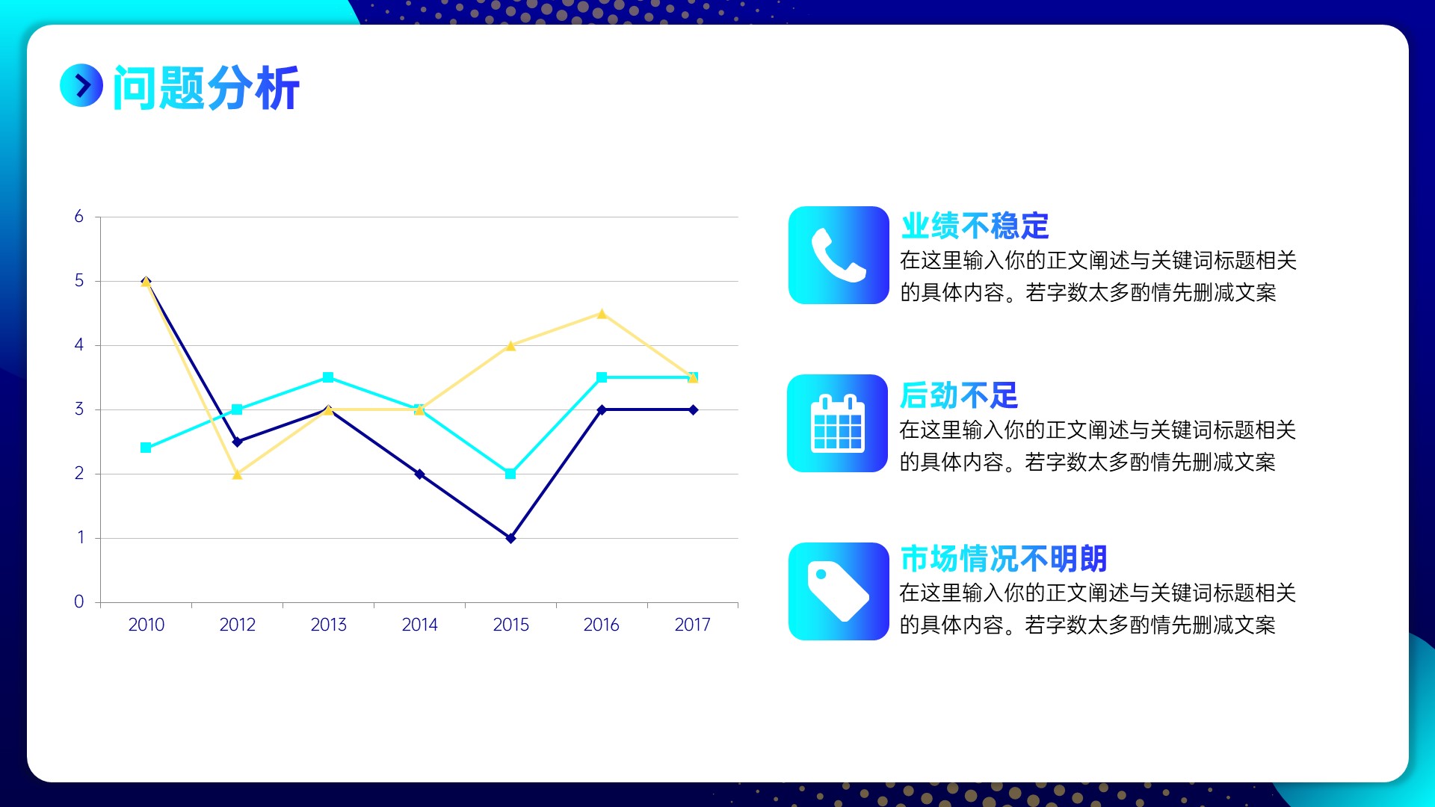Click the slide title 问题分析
pyautogui.click(x=206, y=87)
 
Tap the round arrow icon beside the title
pyautogui.click(x=81, y=85)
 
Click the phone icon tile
pyautogui.click(x=839, y=255)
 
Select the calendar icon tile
pyautogui.click(x=838, y=423)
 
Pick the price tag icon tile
pyautogui.click(x=839, y=591)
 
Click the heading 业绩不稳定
pyautogui.click(x=975, y=226)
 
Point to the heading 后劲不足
pyautogui.click(x=959, y=395)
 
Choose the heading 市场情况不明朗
pyautogui.click(x=1004, y=558)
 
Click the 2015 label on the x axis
pyautogui.click(x=510, y=625)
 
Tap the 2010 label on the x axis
pyautogui.click(x=146, y=625)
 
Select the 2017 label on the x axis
pyautogui.click(x=692, y=625)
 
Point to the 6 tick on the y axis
pyautogui.click(x=78, y=217)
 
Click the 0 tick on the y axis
pyautogui.click(x=78, y=602)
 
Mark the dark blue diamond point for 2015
pyautogui.click(x=510, y=538)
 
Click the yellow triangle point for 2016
pyautogui.click(x=602, y=314)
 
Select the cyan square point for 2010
pyautogui.click(x=146, y=448)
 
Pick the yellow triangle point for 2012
pyautogui.click(x=237, y=474)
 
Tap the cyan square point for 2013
pyautogui.click(x=328, y=377)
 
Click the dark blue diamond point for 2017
pyautogui.click(x=693, y=409)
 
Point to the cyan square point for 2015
pyautogui.click(x=510, y=474)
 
